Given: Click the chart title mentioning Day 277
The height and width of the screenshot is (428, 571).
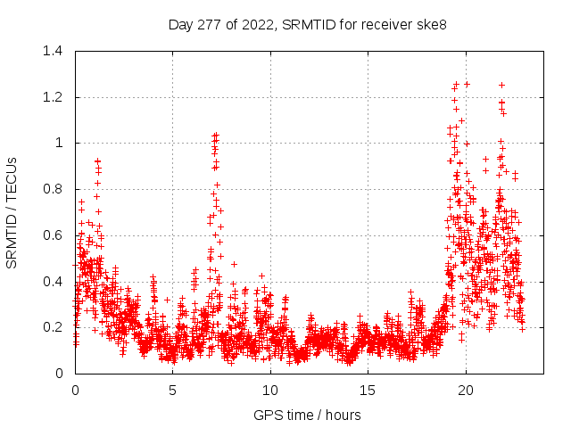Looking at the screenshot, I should pyautogui.click(x=308, y=24).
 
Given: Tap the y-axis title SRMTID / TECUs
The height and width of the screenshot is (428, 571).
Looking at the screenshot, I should pyautogui.click(x=12, y=212).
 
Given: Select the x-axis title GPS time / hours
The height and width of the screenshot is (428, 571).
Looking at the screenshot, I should pyautogui.click(x=308, y=415).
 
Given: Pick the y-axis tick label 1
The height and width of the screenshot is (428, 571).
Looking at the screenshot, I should pyautogui.click(x=59, y=143).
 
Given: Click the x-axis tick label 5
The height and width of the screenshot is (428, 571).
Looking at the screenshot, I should pyautogui.click(x=173, y=391).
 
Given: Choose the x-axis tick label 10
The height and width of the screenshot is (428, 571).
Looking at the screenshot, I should pyautogui.click(x=270, y=391).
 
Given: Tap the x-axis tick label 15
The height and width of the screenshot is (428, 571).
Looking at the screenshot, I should pyautogui.click(x=368, y=391).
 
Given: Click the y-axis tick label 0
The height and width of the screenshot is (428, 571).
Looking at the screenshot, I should pyautogui.click(x=59, y=374).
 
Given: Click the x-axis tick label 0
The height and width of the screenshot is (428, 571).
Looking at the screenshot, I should pyautogui.click(x=75, y=391).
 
